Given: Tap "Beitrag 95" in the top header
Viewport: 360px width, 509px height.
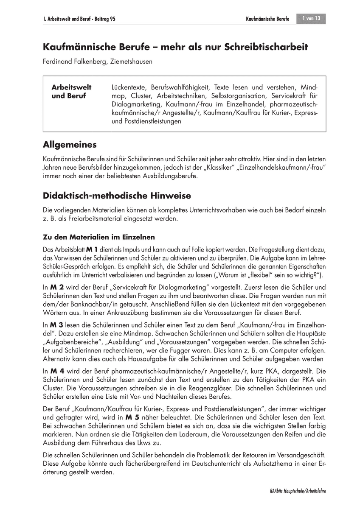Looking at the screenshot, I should point(104,20).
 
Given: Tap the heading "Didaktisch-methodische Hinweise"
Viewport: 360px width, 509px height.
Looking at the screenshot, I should point(117,196).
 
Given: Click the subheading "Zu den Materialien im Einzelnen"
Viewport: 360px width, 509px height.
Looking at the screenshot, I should point(99,237).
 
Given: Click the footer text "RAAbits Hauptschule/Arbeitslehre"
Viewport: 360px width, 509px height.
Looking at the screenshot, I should point(292,491).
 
